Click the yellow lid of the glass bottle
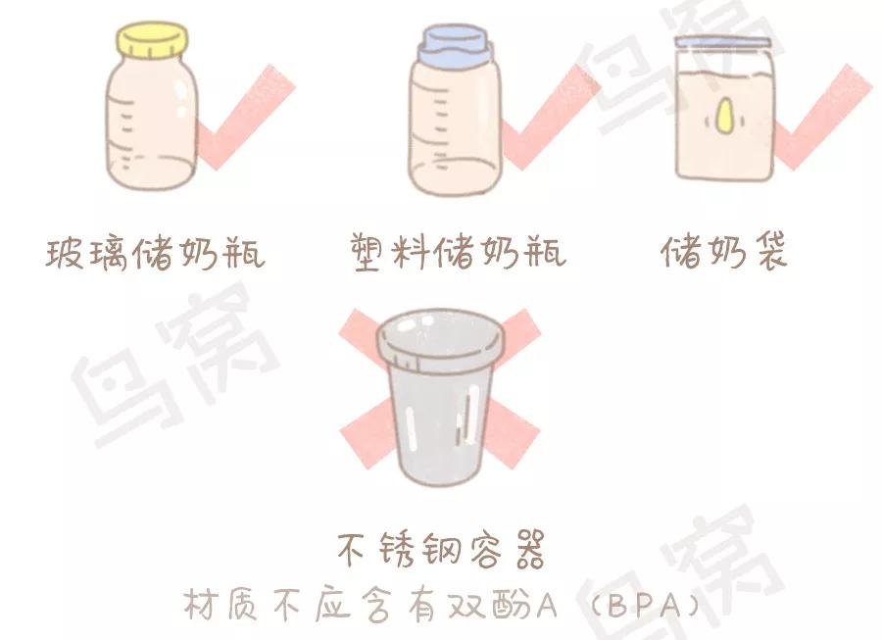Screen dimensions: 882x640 (x=152, y=40)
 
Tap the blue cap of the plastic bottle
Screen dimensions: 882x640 (x=455, y=45)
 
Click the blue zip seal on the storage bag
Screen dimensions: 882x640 (x=721, y=41)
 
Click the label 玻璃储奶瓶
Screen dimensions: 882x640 (x=155, y=253)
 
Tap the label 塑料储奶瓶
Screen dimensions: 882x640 (x=458, y=253)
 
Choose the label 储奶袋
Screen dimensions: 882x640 (x=723, y=251)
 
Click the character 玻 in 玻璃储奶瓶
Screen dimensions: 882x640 (x=65, y=254)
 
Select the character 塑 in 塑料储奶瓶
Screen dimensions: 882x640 (x=369, y=253)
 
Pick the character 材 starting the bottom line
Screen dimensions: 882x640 (x=200, y=605)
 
